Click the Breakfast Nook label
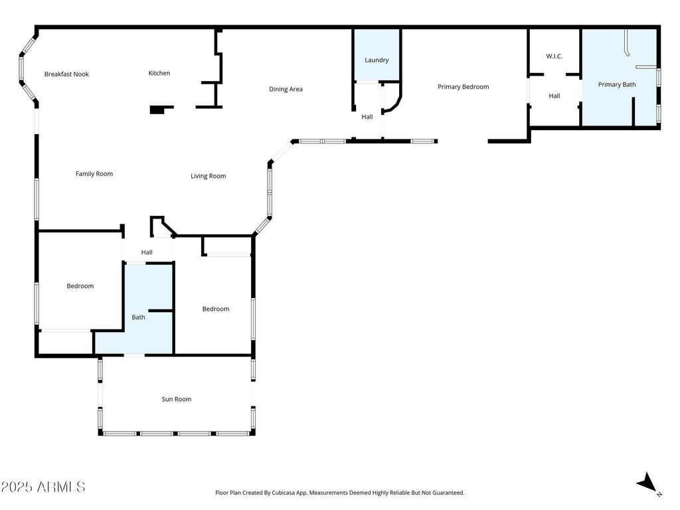click(x=66, y=74)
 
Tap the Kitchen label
click(x=159, y=73)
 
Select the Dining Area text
click(x=286, y=90)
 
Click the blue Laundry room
click(x=377, y=54)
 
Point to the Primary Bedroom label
click(x=463, y=87)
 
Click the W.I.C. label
click(x=554, y=56)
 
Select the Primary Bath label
click(x=617, y=84)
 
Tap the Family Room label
click(x=94, y=174)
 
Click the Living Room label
click(x=208, y=176)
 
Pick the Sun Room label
click(x=177, y=399)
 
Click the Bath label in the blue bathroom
click(x=138, y=317)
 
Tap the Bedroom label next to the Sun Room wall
click(x=216, y=309)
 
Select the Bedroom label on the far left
click(x=80, y=286)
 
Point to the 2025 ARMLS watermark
click(x=43, y=487)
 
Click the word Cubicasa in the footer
click(x=285, y=493)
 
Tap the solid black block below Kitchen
click(x=157, y=110)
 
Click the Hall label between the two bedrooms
click(x=147, y=252)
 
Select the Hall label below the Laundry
click(x=367, y=117)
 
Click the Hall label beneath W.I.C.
click(x=554, y=96)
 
